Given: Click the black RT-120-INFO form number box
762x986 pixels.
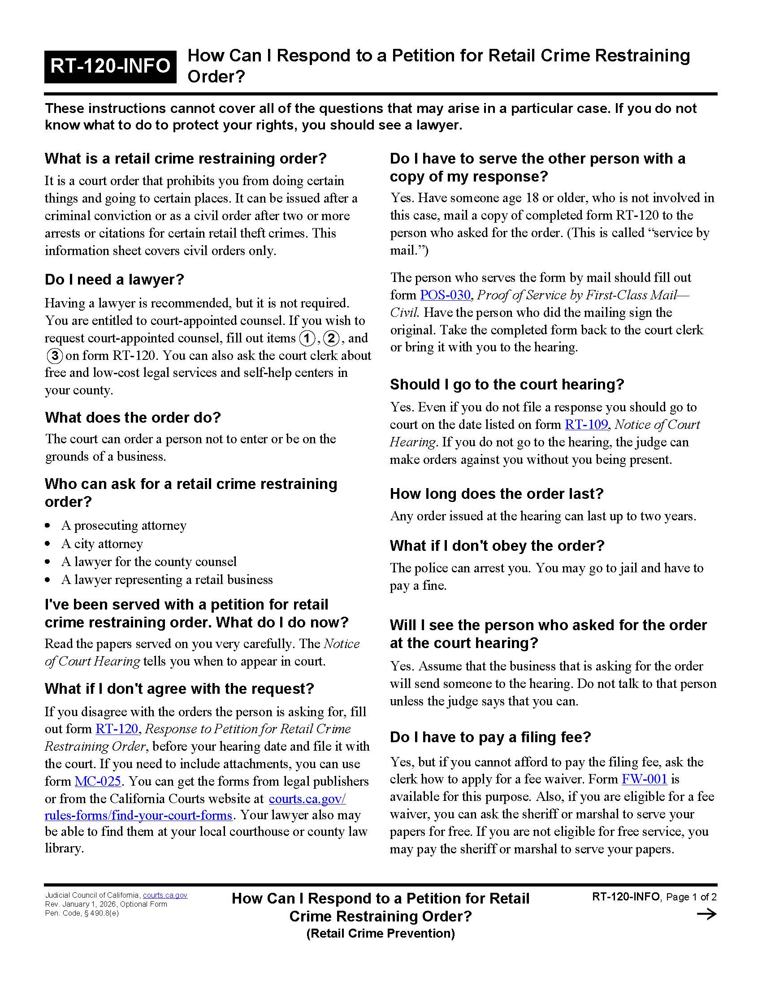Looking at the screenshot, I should click(x=110, y=66).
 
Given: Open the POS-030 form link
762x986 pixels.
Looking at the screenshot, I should click(x=445, y=295).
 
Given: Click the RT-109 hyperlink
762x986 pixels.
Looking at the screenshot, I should click(x=586, y=424).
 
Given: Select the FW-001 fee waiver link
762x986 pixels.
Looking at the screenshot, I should click(x=644, y=779).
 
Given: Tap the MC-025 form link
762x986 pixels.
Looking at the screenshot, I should click(x=98, y=781).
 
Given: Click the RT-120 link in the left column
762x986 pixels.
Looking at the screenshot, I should click(x=117, y=729).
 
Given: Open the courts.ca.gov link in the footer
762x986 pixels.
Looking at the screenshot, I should click(x=165, y=895).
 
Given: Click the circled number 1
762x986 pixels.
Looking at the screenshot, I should click(x=307, y=338).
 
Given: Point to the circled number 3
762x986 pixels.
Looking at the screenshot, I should click(x=54, y=356).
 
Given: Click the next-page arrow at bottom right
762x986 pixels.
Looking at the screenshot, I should click(x=706, y=914).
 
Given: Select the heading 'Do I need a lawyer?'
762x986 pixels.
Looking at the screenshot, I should click(x=114, y=280).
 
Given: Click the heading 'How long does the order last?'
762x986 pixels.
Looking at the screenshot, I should click(x=497, y=493).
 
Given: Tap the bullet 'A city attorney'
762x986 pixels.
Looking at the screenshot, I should click(x=102, y=544).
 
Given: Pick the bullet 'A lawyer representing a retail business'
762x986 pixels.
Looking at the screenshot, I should click(x=167, y=579).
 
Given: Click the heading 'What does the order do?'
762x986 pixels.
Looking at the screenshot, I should click(x=133, y=417).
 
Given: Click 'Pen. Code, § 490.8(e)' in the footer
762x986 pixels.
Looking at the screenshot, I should click(x=82, y=913).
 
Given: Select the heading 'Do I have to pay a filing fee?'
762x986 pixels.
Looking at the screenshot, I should click(x=490, y=737).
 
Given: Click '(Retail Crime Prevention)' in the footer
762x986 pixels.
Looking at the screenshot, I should click(x=381, y=933).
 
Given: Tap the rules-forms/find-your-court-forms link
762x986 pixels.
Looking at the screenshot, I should click(x=138, y=815).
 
